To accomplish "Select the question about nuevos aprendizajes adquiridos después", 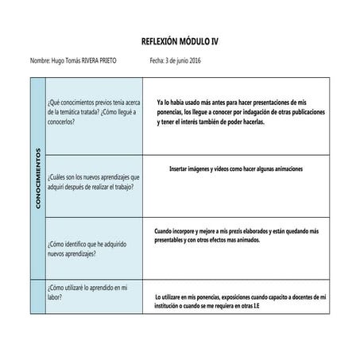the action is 94,181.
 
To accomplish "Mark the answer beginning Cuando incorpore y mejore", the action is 236,234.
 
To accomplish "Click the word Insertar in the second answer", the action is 182,169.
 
